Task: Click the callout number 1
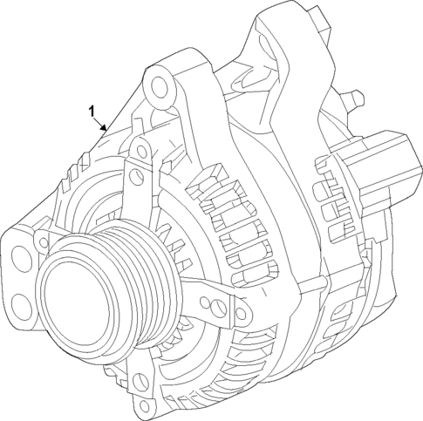(91, 111)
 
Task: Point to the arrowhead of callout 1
(107, 130)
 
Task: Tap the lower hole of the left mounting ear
(19, 302)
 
